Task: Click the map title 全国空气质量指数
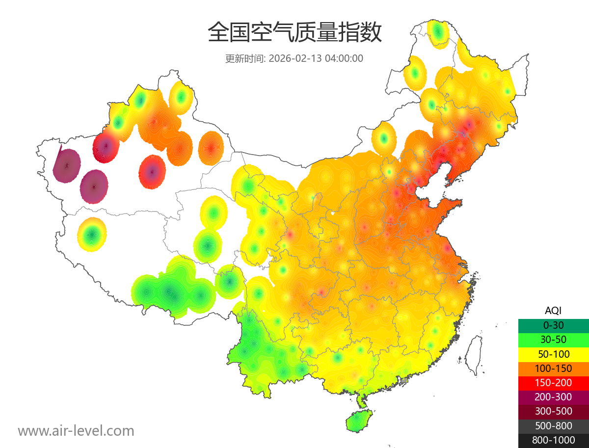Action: click(x=294, y=33)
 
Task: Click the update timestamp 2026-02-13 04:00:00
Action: click(x=316, y=58)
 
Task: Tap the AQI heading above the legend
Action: click(x=553, y=311)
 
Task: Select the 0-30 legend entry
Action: click(x=553, y=325)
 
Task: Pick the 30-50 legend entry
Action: click(x=553, y=340)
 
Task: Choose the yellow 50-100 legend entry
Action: click(x=553, y=354)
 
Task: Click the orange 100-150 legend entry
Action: click(x=553, y=369)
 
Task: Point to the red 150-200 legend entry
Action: click(x=553, y=383)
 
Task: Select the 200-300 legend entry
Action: click(x=553, y=397)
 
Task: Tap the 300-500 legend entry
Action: click(x=553, y=411)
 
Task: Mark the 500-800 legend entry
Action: click(x=553, y=426)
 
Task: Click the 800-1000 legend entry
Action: click(x=553, y=440)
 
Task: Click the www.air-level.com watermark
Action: click(x=76, y=431)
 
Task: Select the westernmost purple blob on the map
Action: click(x=67, y=165)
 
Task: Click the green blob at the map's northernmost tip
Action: click(x=438, y=33)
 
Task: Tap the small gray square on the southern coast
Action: click(x=404, y=380)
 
